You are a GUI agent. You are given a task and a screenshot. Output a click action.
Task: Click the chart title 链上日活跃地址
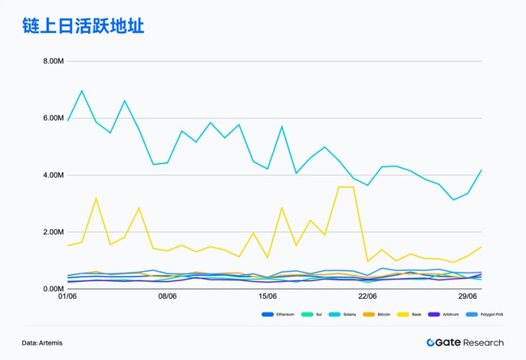coord(83,26)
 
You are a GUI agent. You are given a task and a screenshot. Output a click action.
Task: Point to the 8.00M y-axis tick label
coord(53,61)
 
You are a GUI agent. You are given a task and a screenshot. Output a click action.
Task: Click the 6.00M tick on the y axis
coord(53,118)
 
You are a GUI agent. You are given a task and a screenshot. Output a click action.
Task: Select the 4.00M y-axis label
coord(53,175)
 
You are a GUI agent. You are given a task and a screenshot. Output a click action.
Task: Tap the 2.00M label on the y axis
coord(53,232)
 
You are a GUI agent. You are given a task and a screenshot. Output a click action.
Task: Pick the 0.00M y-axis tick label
coord(53,289)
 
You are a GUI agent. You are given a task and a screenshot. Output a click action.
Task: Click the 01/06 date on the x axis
coord(68,297)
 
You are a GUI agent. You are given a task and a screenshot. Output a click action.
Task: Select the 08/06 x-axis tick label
coord(168,297)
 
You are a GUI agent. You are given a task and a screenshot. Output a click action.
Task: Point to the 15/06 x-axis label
coord(267,297)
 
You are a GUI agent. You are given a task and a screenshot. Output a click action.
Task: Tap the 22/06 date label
coord(367,297)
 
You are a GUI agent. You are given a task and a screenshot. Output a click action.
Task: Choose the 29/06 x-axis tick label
coord(467,297)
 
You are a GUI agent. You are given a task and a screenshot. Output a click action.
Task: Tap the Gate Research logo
coord(465,342)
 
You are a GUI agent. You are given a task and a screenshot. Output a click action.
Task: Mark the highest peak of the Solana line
coord(82,91)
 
